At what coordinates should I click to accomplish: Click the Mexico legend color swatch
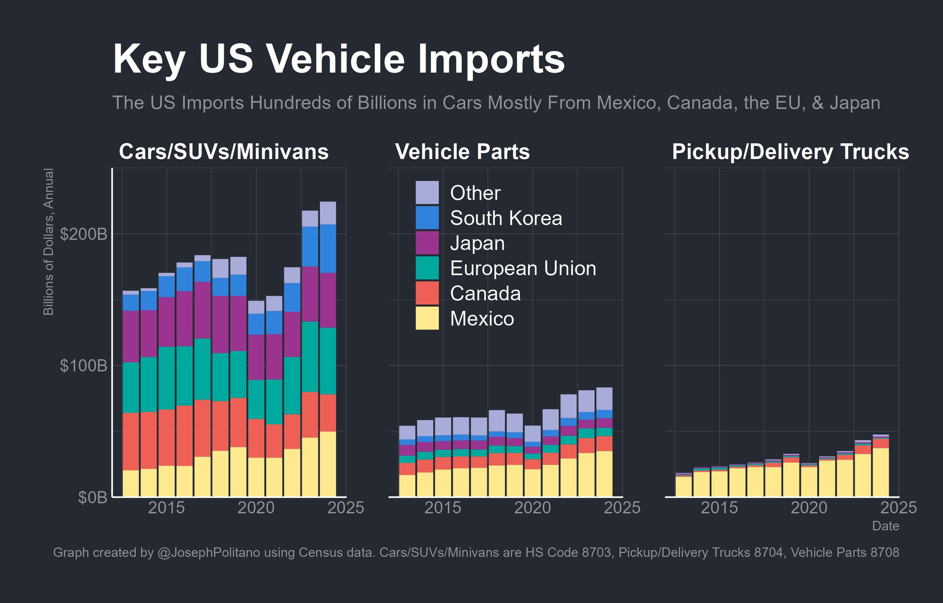point(427,319)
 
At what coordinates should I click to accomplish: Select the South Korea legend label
point(506,218)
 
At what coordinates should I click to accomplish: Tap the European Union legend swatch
point(427,268)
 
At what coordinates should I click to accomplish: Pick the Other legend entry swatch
point(427,193)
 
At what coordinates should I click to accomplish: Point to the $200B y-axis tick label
point(83,234)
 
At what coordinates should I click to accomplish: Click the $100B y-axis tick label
point(83,366)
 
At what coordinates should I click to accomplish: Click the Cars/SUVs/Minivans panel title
point(224,152)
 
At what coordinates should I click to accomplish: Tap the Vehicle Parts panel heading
point(462,152)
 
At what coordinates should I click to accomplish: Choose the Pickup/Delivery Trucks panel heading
point(790,152)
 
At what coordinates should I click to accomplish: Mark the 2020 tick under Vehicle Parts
point(532,508)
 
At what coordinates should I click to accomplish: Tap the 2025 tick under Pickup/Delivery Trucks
point(898,508)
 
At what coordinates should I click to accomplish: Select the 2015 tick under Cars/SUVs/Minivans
point(166,508)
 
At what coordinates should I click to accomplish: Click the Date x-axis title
point(885,526)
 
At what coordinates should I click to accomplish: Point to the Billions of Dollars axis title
point(48,242)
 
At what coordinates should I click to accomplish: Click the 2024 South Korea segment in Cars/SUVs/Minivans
point(328,248)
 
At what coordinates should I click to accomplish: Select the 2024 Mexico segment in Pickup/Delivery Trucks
point(880,472)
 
